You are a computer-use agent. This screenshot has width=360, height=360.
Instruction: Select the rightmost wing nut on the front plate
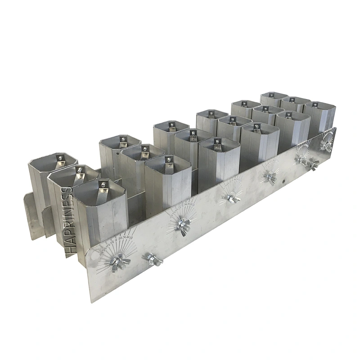327,146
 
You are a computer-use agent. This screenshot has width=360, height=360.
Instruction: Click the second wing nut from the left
153,259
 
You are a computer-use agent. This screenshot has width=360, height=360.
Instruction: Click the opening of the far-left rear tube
53,161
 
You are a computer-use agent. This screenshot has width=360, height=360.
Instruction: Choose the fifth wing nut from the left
270,178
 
